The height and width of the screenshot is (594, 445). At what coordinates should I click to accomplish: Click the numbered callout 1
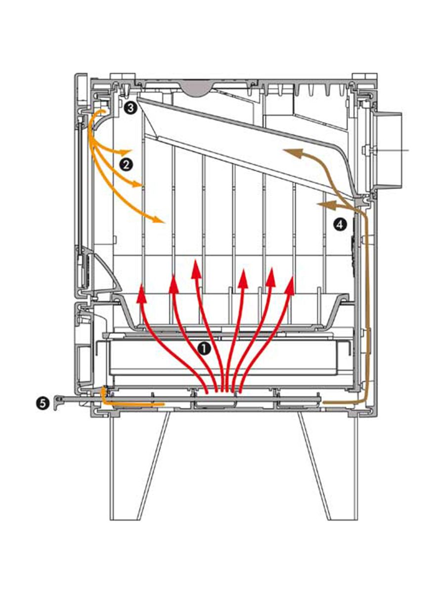click(x=204, y=348)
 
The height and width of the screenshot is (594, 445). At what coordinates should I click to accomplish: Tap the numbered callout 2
click(x=126, y=164)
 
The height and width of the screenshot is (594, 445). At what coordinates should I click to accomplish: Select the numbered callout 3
click(x=131, y=108)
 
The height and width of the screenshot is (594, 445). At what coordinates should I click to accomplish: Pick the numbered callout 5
click(x=43, y=403)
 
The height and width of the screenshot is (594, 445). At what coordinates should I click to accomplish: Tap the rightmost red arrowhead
click(x=290, y=285)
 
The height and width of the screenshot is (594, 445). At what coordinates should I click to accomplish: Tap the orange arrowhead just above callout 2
click(x=126, y=152)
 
